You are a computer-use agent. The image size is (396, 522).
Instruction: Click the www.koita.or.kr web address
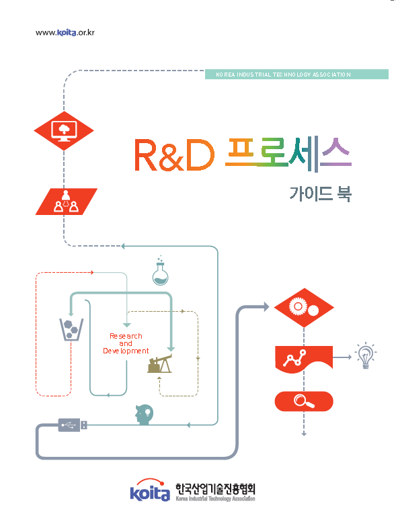coord(65,32)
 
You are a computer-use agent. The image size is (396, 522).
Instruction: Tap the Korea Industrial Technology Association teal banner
coord(296,75)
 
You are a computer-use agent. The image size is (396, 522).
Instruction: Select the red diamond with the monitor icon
coord(64,130)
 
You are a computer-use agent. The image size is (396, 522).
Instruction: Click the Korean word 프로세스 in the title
coord(289,154)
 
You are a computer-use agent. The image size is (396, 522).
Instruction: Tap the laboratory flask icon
coord(160,271)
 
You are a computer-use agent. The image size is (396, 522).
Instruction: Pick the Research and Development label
coord(126,343)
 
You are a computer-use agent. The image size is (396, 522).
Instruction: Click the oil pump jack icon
coord(160,364)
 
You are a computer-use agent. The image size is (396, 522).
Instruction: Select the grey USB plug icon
coord(72,425)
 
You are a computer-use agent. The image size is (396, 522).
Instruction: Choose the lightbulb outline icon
coord(365,355)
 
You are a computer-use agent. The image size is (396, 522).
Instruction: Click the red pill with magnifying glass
coord(304,402)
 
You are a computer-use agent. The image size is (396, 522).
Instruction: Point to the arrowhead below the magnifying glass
coord(304,433)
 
